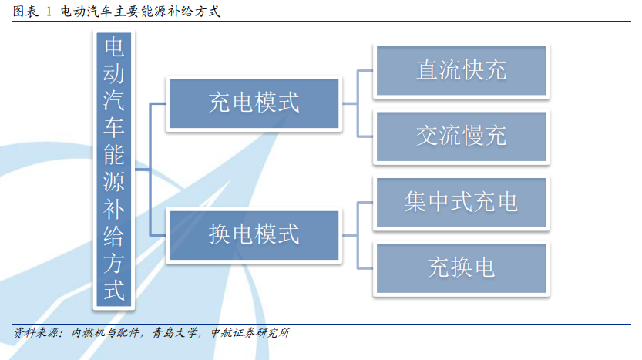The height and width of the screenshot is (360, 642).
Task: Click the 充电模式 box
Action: point(254,103)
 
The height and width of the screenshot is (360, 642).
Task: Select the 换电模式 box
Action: point(254,235)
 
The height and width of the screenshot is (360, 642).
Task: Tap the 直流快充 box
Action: point(462,70)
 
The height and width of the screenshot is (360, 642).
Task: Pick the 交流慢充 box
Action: point(462,136)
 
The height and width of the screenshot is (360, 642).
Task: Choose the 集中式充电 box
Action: point(462,202)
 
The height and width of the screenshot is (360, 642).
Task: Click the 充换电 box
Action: point(462,268)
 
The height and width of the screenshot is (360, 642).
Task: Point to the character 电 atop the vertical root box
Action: point(114,47)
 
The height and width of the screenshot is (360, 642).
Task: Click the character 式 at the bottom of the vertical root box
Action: point(114,290)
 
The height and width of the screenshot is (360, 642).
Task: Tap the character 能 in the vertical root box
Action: point(114,154)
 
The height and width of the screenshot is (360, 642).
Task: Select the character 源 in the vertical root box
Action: point(114,181)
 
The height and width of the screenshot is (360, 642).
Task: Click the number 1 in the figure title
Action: point(49,12)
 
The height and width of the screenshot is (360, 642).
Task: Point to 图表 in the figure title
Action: point(25,12)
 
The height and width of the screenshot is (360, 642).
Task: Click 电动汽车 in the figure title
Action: point(87,12)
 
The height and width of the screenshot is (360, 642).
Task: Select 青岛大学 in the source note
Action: point(174,332)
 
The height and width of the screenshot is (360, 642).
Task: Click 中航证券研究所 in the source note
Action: point(250,332)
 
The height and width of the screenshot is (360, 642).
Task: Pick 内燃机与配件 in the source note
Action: point(106,332)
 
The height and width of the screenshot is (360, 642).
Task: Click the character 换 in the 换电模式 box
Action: point(220,234)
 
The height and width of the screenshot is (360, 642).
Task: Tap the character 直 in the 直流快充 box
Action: point(428,70)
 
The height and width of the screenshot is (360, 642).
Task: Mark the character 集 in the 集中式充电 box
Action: point(415,202)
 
